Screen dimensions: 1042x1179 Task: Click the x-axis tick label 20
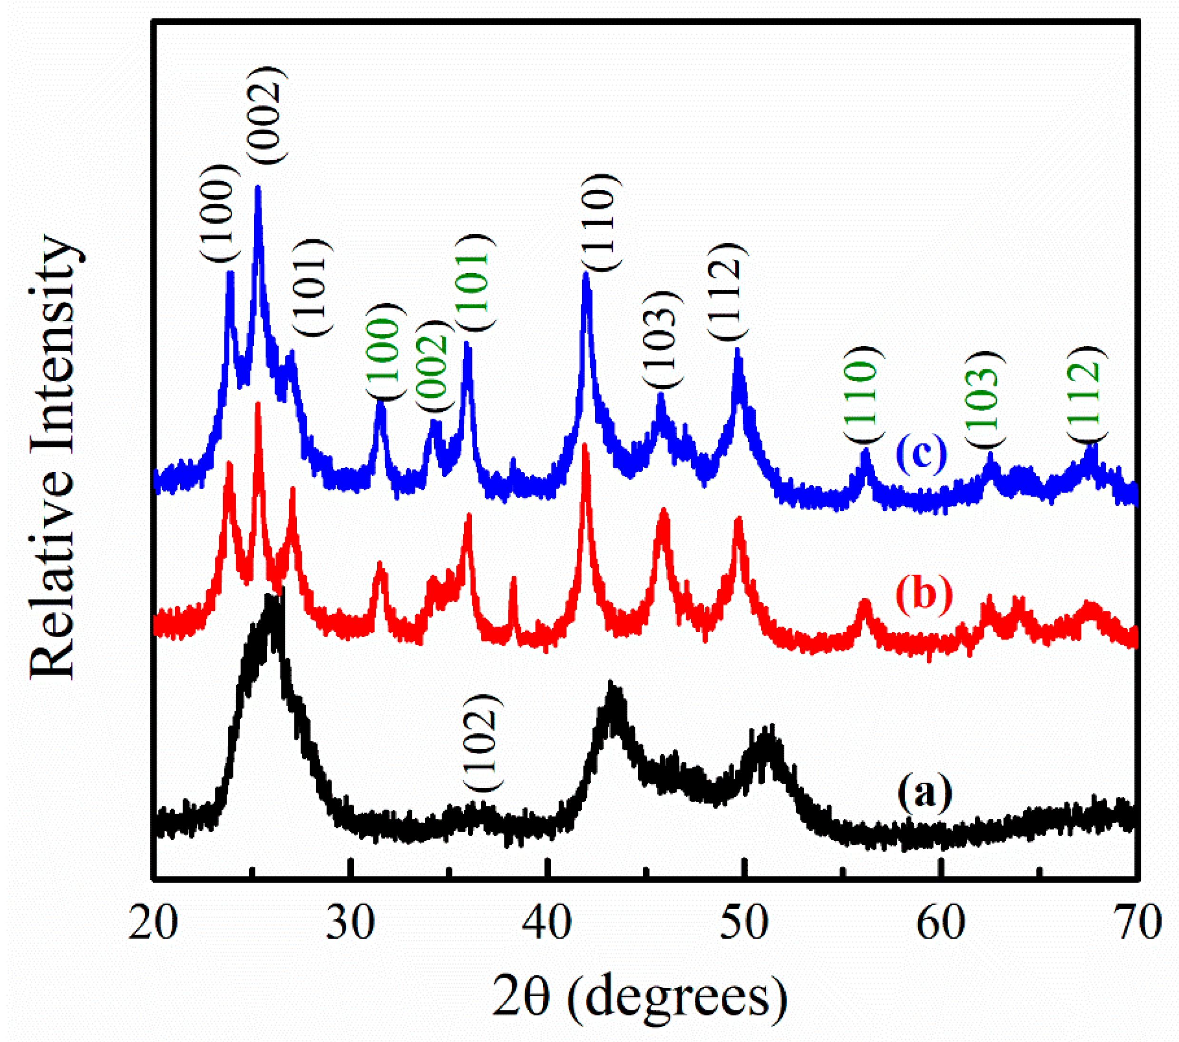pos(152,923)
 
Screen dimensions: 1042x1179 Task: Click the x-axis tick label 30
pos(350,923)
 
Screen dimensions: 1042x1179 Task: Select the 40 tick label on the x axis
pos(546,923)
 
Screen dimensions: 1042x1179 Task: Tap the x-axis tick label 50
pos(744,923)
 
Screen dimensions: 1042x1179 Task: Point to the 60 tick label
pos(941,923)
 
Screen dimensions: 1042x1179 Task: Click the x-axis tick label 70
pos(1137,923)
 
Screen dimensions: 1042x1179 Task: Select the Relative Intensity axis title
pos(53,456)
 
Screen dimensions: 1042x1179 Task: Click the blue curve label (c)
pos(922,453)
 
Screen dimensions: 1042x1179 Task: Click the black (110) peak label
pos(602,222)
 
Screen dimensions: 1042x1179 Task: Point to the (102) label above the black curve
pos(483,742)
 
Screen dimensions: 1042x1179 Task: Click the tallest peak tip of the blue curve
pos(258,187)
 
